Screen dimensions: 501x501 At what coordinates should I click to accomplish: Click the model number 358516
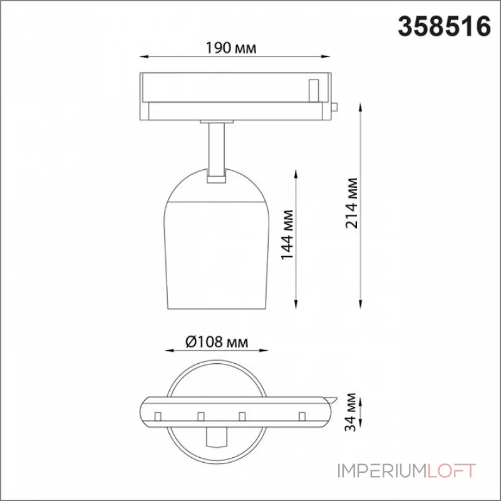pyautogui.click(x=444, y=27)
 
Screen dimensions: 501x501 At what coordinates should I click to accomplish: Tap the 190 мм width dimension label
pyautogui.click(x=230, y=48)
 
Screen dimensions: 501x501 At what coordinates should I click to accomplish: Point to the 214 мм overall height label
pyautogui.click(x=351, y=203)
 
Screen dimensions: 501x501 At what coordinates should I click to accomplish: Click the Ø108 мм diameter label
pyautogui.click(x=217, y=342)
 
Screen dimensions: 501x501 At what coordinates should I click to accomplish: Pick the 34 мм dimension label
pyautogui.click(x=351, y=412)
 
